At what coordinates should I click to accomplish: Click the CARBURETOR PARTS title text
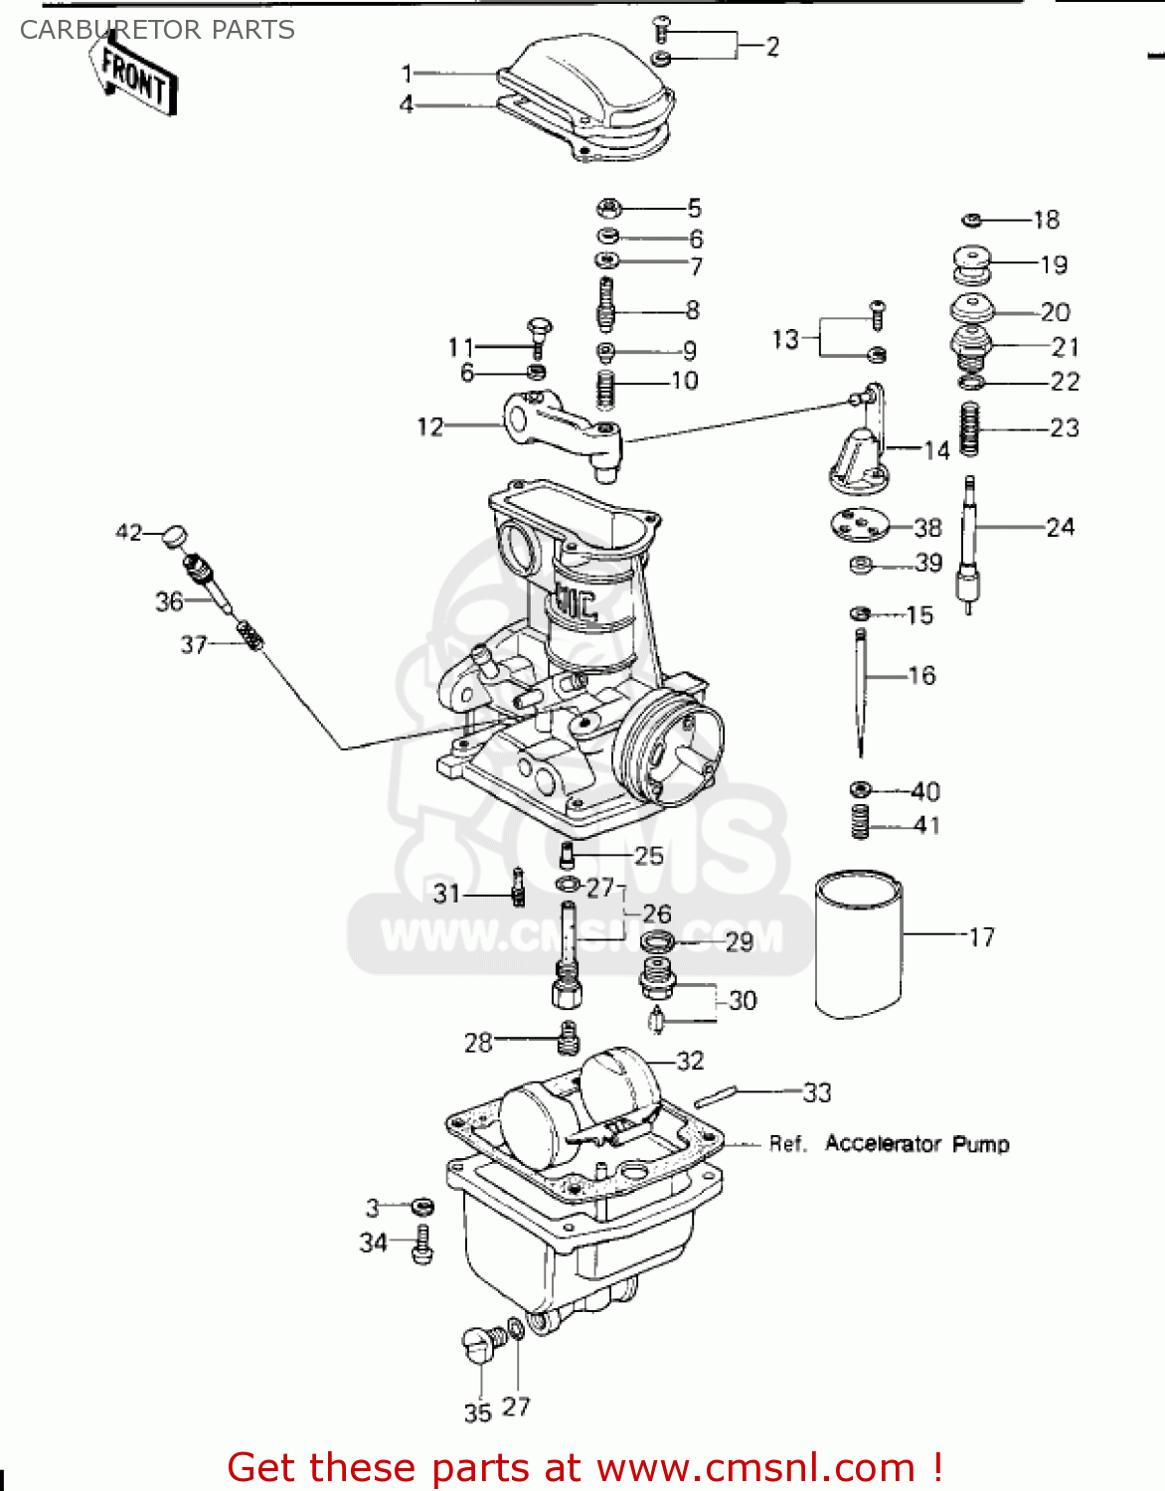point(157,30)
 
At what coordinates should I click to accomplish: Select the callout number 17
point(981,937)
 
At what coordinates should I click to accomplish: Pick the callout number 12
point(429,426)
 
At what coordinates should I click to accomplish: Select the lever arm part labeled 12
point(562,426)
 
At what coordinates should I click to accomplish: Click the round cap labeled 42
point(174,536)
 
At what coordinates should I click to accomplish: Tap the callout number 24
point(1061,527)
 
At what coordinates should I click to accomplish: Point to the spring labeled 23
point(970,428)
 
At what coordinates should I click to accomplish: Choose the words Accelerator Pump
point(916,1144)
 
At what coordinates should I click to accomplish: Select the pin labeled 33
point(715,1096)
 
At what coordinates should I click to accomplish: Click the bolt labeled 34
point(421,1243)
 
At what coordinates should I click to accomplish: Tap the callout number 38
point(926,528)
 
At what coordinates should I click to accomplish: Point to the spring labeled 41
point(860,822)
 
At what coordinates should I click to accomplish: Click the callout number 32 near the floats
point(690,1061)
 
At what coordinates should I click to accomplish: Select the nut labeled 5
point(609,209)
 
